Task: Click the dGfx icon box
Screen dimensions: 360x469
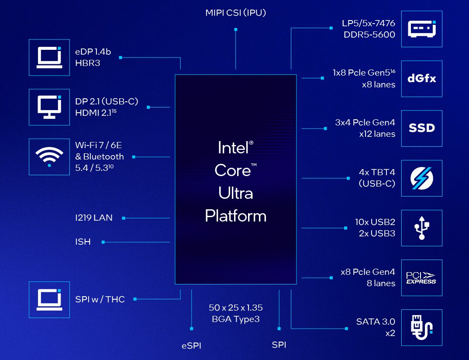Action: [x=421, y=79]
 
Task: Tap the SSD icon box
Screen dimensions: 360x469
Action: [x=421, y=128]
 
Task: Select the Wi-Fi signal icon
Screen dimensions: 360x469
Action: [x=49, y=157]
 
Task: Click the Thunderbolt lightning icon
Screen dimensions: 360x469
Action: [x=421, y=178]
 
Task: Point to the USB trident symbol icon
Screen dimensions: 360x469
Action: [x=421, y=228]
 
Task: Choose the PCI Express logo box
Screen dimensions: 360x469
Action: [x=421, y=277]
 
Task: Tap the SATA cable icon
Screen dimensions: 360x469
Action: [x=421, y=327]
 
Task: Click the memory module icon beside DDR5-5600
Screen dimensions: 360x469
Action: [x=421, y=29]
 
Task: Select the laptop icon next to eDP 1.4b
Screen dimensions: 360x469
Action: [x=49, y=57]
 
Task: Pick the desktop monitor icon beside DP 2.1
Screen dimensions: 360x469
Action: [x=49, y=107]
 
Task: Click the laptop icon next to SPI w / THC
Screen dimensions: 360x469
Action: [x=49, y=299]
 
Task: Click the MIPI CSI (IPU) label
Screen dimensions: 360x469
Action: [x=235, y=13]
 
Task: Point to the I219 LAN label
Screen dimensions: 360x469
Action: [x=93, y=218]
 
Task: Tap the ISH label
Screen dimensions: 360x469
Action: [x=83, y=242]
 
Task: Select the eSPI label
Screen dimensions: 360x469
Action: [x=191, y=346]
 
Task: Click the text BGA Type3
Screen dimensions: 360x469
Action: [x=236, y=319]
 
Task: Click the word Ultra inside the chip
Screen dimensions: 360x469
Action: [x=235, y=193]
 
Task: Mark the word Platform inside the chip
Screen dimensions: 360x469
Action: [x=235, y=216]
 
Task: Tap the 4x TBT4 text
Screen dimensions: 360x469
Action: [x=377, y=172]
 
